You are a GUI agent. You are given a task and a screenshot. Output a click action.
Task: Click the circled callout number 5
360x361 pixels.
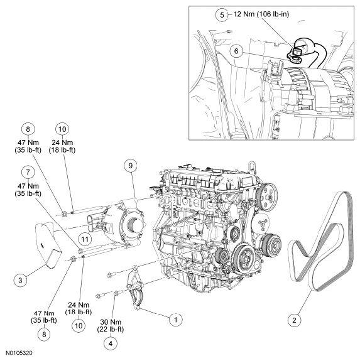click(x=222, y=14)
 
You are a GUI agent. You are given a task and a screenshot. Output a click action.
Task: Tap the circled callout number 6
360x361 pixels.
click(x=236, y=51)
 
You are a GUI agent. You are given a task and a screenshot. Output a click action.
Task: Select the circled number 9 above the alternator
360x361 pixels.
click(x=131, y=165)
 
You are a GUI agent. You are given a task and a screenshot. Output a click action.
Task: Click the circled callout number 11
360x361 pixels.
click(x=85, y=239)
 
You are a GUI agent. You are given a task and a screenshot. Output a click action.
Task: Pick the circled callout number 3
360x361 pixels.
click(x=20, y=280)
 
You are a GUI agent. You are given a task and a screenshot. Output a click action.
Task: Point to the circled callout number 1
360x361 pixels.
click(x=175, y=320)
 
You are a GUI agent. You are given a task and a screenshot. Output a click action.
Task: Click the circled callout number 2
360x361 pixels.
click(x=294, y=320)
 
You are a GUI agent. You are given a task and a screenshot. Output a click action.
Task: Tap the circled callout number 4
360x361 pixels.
click(x=111, y=343)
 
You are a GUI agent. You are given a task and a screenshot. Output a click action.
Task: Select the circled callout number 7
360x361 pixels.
click(x=28, y=172)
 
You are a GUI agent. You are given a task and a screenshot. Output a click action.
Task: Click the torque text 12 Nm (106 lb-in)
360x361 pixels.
click(x=261, y=14)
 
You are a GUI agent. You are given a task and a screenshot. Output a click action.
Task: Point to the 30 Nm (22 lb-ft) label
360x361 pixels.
click(x=111, y=326)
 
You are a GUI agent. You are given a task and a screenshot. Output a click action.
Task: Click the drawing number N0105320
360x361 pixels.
click(x=19, y=353)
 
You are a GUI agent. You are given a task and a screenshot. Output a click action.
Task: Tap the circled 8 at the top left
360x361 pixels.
click(x=28, y=129)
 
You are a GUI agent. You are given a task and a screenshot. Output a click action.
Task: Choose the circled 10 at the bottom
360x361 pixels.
click(x=79, y=326)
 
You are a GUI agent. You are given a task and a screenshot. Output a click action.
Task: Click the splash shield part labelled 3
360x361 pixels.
click(x=47, y=244)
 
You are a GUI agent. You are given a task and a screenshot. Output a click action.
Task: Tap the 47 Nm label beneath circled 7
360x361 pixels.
click(x=28, y=190)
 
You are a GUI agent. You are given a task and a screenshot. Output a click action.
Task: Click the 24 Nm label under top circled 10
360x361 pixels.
click(x=62, y=146)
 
